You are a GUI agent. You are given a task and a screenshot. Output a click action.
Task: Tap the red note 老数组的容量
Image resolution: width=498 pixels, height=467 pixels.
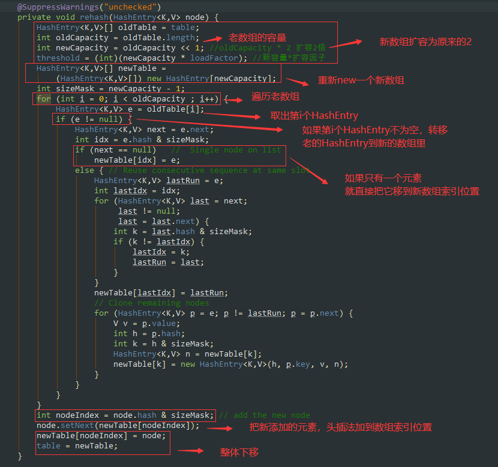257,38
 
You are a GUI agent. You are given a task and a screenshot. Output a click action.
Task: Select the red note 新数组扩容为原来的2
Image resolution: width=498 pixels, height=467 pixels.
425,42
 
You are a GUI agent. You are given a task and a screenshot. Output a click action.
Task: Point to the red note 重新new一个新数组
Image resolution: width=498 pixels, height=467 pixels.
361,81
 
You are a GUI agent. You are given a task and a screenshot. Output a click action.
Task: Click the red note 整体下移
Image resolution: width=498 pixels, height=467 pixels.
239,452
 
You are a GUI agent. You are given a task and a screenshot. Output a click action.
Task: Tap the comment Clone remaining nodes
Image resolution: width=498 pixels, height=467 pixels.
151,303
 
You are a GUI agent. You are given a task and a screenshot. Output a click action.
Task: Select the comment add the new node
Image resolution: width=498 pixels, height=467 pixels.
264,415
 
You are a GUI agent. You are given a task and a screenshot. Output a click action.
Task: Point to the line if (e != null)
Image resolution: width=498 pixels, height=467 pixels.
93,119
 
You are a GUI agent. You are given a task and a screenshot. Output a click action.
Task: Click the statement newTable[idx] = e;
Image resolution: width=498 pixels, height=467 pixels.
137,160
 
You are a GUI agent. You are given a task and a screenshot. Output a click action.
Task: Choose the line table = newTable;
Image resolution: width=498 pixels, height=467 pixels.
77,445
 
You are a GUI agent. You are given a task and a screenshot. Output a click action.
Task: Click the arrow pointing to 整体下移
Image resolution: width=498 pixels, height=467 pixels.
191,451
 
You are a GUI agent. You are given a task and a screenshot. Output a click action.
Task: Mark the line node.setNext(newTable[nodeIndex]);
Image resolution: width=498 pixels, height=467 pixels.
118,426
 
